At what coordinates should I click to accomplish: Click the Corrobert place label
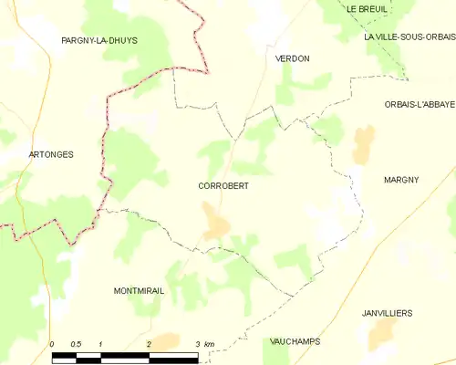tap(223, 185)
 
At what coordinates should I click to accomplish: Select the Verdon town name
tap(293, 58)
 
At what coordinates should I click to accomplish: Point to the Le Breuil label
tap(367, 8)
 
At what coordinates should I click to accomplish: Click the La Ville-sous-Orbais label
tap(409, 37)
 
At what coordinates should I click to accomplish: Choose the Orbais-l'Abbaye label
tap(419, 105)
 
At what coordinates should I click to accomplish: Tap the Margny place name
tap(401, 180)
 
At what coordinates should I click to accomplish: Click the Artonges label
tap(51, 155)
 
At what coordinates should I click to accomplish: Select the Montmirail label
tap(138, 290)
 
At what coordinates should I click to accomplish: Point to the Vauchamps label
tap(295, 341)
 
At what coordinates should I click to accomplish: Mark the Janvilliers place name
tap(386, 313)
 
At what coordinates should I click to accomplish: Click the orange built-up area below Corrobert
tap(216, 223)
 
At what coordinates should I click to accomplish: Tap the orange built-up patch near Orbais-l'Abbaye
tap(363, 141)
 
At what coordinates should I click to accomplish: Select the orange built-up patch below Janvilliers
tap(381, 332)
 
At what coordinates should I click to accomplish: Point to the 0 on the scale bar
tap(52, 344)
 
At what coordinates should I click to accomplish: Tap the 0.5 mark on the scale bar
tap(76, 344)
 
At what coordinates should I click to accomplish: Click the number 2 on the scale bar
tap(149, 344)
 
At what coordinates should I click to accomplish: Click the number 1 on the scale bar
tap(100, 344)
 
